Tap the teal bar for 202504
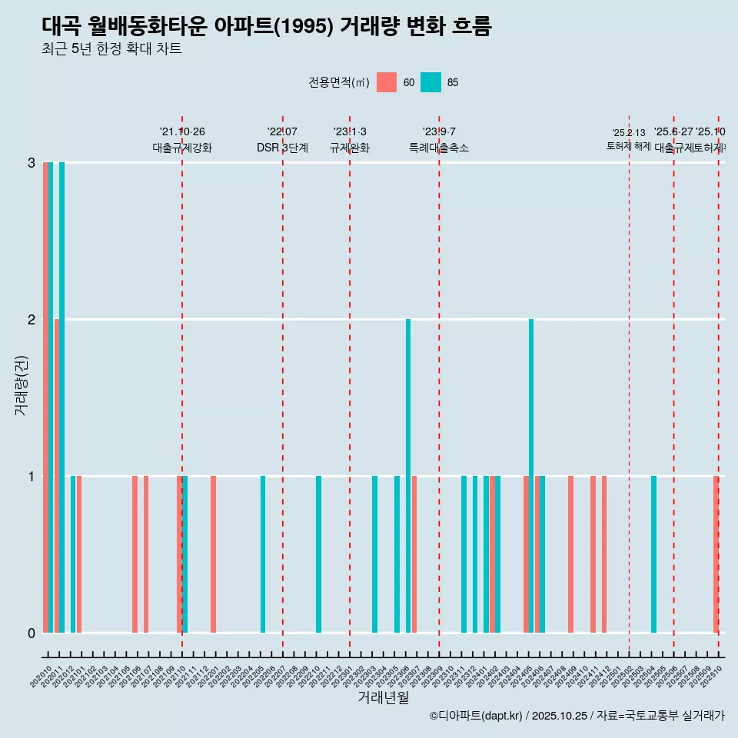[654, 553]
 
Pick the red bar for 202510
[716, 553]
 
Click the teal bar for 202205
[263, 553]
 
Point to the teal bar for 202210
[319, 553]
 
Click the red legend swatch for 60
[387, 82]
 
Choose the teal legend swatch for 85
[431, 82]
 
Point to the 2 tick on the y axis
[32, 319]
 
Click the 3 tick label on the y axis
[32, 162]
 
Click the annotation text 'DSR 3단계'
[282, 148]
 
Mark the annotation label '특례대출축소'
[439, 148]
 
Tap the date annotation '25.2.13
[629, 133]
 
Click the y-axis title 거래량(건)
[21, 384]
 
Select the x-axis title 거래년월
[383, 698]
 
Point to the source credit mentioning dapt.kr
[577, 716]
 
